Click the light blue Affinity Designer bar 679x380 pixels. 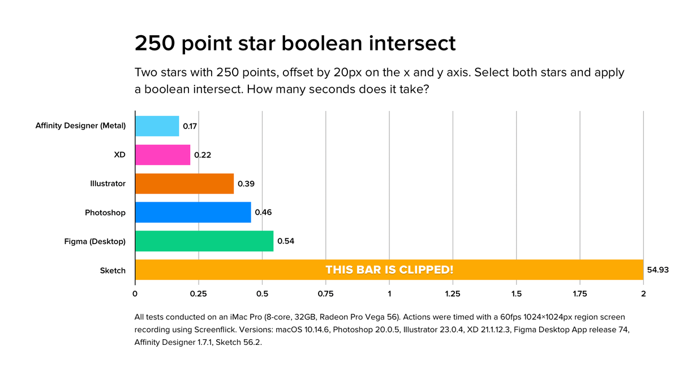[157, 126]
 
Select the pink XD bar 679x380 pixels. [163, 155]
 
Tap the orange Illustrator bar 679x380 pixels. [184, 183]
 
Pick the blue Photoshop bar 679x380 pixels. [193, 212]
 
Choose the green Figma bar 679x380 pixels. [204, 241]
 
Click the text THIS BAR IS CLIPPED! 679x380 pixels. [389, 270]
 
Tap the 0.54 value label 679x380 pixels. [286, 241]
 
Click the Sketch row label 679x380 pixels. [113, 270]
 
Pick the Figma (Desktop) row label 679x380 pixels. [94, 241]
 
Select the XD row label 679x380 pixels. [120, 155]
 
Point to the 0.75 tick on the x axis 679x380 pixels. [325, 294]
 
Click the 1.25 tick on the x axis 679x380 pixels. [453, 294]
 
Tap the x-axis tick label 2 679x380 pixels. [643, 294]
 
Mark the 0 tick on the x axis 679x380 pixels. [135, 294]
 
